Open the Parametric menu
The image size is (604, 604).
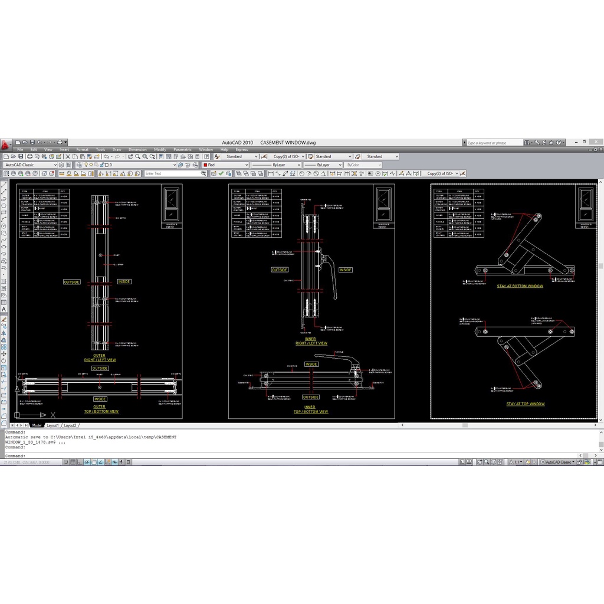click(x=182, y=150)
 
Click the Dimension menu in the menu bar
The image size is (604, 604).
click(x=137, y=150)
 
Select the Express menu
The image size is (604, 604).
click(x=242, y=150)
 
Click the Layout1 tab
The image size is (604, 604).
click(x=52, y=425)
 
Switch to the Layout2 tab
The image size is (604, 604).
click(x=70, y=425)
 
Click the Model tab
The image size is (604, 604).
click(x=37, y=425)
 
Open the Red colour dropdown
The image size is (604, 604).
click(x=226, y=165)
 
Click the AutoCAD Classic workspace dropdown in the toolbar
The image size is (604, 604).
click(x=31, y=165)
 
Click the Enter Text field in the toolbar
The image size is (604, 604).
click(x=175, y=173)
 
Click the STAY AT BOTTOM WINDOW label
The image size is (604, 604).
click(x=520, y=286)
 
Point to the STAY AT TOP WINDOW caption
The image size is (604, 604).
click(x=525, y=404)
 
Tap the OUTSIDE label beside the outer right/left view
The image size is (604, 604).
click(x=71, y=282)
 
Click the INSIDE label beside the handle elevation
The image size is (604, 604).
click(x=345, y=270)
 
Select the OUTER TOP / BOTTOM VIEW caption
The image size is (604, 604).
click(x=99, y=409)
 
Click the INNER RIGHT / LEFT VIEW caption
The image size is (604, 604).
click(x=311, y=341)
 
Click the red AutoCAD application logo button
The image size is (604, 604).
click(x=6, y=144)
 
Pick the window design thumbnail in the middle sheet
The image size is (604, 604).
click(x=384, y=204)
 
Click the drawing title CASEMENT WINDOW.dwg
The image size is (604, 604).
click(x=288, y=143)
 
